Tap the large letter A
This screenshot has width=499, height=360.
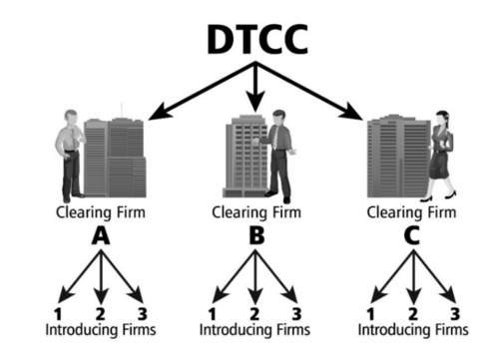click(100, 236)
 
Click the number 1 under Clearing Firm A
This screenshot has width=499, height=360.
click(60, 294)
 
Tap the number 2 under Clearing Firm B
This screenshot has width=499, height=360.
click(255, 294)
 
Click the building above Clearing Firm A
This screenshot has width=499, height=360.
click(115, 158)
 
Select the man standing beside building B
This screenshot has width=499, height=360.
click(278, 155)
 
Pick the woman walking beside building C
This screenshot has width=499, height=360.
click(442, 155)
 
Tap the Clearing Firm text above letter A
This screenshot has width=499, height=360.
click(100, 211)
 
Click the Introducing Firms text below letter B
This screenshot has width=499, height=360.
click(254, 329)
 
